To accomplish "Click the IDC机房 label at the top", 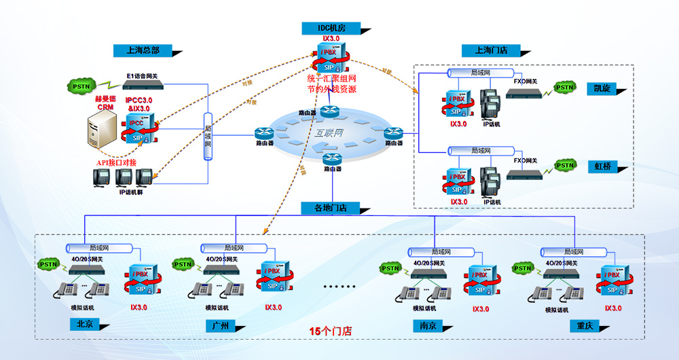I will [x=332, y=28].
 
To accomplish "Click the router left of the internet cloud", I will [x=264, y=134].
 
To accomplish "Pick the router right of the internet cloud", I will [x=394, y=133].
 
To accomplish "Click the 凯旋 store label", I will [x=602, y=89].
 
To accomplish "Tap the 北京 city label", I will [x=85, y=324].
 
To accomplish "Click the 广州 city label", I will [x=220, y=325].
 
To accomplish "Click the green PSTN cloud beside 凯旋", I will [x=565, y=88].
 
